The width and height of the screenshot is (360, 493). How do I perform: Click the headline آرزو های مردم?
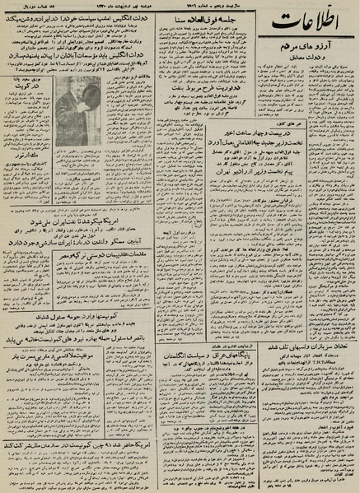[309, 79]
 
